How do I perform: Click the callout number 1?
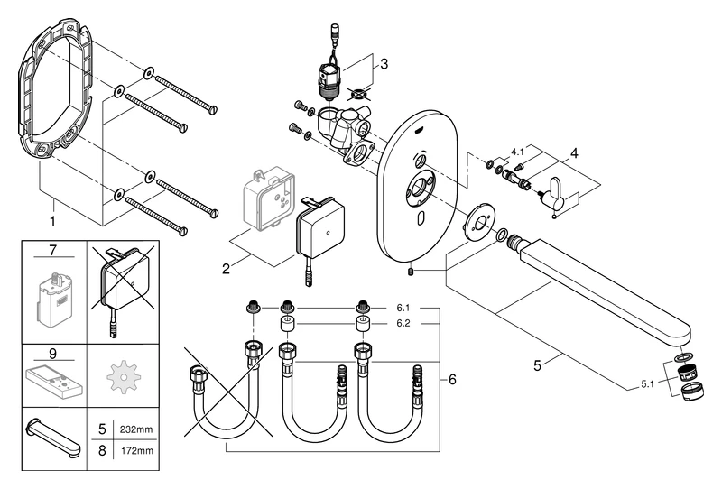53,220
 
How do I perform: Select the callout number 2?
225,268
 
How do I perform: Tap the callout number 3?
384,64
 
